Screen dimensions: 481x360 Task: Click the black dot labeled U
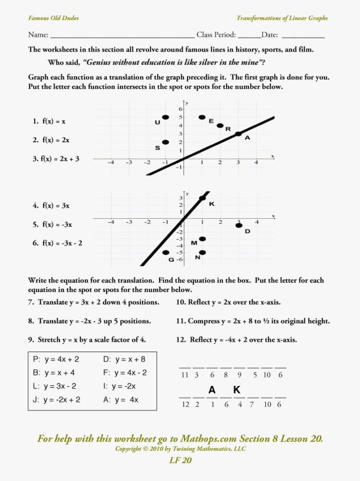166,118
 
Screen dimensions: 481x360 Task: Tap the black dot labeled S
166,142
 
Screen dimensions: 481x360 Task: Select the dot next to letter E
202,118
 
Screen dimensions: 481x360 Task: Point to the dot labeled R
220,125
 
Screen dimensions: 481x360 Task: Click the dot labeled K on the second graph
202,199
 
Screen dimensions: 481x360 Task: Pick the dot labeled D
239,226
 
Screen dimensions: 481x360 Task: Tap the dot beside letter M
202,239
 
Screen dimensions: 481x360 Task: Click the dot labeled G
166,252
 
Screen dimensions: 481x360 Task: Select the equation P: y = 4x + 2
56,359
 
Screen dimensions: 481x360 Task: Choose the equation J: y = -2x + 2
57,399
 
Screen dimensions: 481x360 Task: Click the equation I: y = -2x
120,386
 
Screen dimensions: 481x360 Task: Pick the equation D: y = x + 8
124,359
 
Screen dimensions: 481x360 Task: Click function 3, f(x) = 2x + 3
56,159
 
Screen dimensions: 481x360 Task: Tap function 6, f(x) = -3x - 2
58,243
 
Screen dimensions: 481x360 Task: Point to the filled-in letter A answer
212,390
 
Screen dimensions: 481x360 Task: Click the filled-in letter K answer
237,390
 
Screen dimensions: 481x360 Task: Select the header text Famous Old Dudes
53,18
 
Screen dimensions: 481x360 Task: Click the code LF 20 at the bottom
180,460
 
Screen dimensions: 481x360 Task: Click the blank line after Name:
122,36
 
